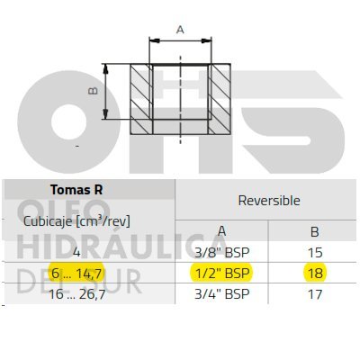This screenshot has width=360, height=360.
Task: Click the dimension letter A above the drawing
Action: (180, 30)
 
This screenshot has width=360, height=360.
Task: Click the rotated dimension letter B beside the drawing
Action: (94, 91)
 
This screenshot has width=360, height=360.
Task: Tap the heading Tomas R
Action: (76, 190)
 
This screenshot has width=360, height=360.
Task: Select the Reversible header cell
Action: (269, 201)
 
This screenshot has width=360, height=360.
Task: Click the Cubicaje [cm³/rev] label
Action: (76, 221)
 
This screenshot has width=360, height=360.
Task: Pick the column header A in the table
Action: (221, 231)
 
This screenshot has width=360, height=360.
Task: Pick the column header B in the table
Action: (315, 231)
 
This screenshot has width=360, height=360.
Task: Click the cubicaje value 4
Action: (76, 252)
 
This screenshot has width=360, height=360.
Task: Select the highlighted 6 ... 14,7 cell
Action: (77, 274)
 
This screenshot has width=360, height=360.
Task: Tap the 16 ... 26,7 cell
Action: (77, 294)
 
